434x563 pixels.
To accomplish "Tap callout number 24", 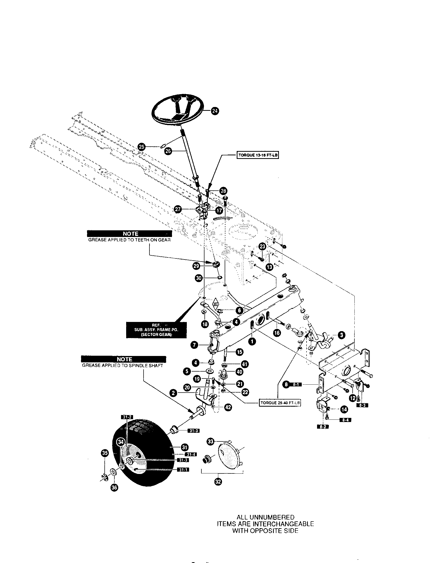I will (215, 111).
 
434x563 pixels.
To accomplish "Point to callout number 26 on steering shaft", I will (168, 151).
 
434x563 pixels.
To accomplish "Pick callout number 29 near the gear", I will (196, 266).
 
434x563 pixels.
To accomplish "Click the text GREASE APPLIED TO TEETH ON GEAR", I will (129, 240).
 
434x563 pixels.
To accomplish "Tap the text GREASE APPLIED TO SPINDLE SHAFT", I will (123, 365).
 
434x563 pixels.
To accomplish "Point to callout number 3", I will (341, 335).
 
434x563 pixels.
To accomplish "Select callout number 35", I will (105, 453).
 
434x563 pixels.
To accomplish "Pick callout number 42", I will (228, 407).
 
